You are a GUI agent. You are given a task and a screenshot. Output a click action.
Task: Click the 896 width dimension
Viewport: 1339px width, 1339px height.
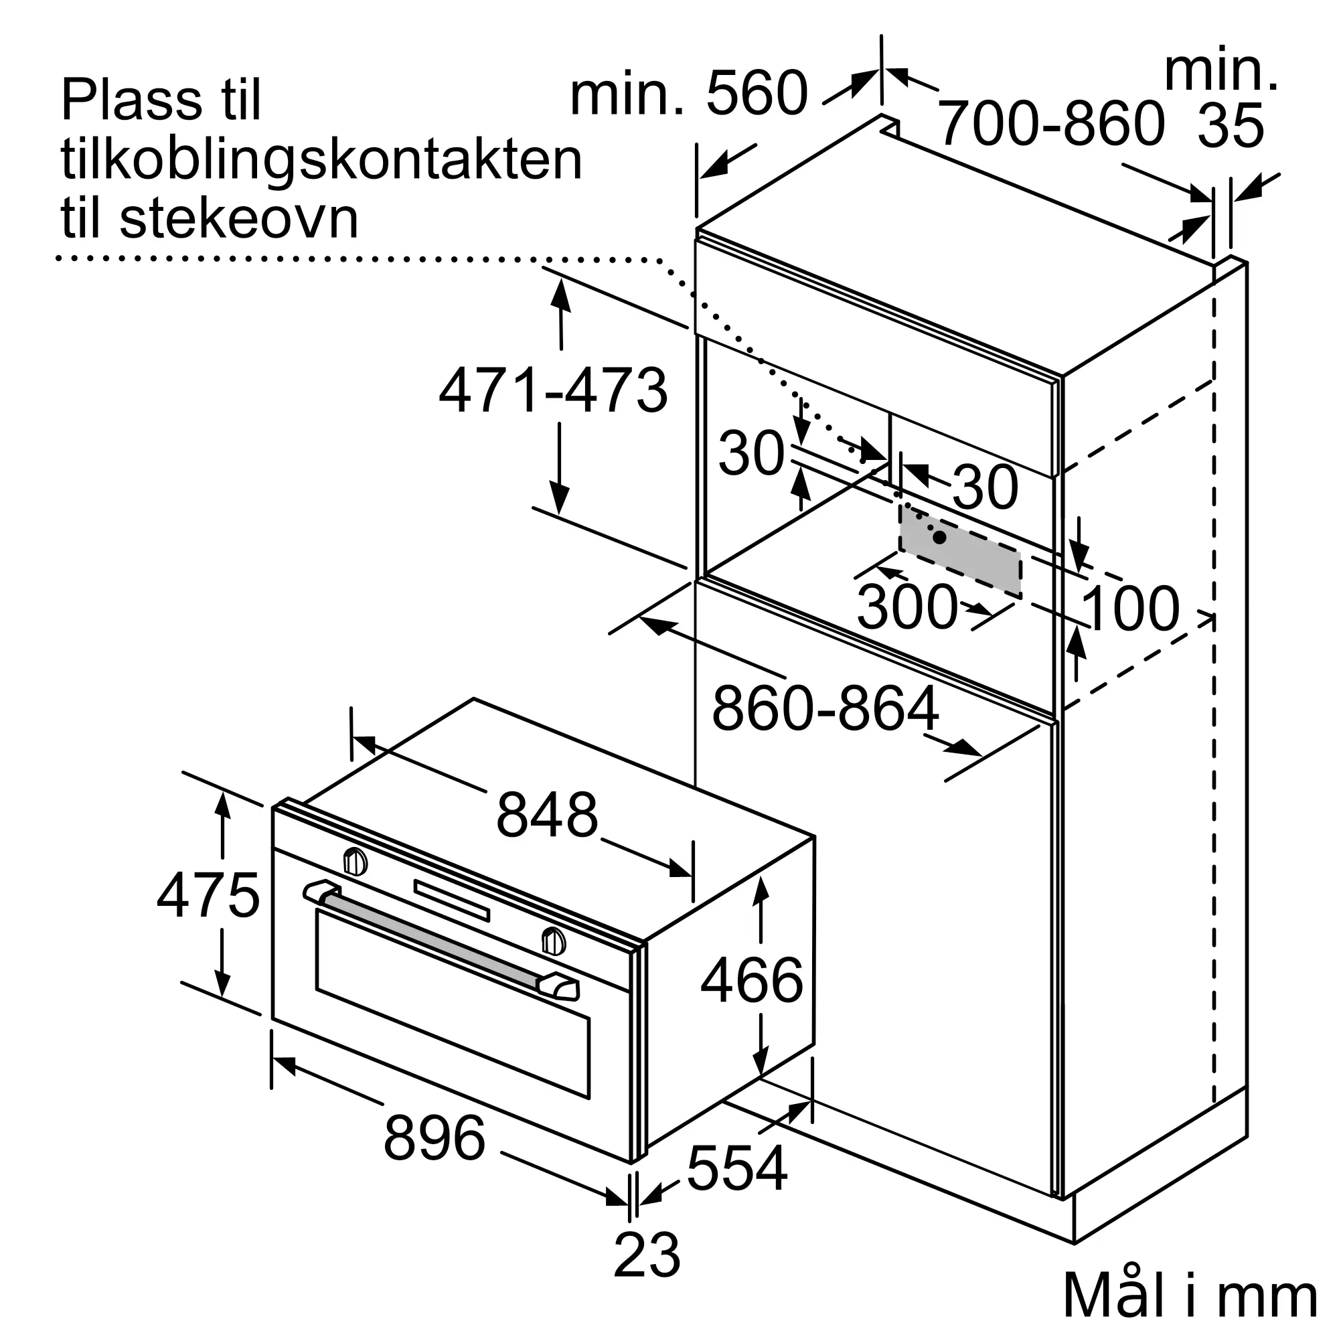(435, 1137)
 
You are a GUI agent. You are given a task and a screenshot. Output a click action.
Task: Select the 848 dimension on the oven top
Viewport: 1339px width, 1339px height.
(547, 815)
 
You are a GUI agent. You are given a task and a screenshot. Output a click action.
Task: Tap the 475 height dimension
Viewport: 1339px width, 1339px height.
(208, 895)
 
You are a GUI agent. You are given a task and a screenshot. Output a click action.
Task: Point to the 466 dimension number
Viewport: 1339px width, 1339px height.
(752, 980)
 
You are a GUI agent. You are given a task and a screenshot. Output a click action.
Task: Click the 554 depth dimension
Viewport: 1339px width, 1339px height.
(737, 1167)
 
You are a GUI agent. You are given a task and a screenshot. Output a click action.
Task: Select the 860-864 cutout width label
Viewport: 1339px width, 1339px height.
(826, 708)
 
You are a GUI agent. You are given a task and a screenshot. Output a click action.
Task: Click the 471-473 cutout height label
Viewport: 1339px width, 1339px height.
(553, 390)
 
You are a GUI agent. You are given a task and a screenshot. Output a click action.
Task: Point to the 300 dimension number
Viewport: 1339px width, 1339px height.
(907, 607)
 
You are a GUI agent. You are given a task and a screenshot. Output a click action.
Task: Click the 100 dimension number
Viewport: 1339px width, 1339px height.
(1129, 609)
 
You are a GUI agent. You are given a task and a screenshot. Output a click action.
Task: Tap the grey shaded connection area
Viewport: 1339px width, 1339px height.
(961, 550)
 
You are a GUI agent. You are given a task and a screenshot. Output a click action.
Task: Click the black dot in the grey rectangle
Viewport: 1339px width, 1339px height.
(940, 537)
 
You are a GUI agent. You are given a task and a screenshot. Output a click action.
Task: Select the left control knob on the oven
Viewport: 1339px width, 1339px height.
(356, 862)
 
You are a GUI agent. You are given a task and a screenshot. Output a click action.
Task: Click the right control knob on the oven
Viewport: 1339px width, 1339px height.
(553, 941)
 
